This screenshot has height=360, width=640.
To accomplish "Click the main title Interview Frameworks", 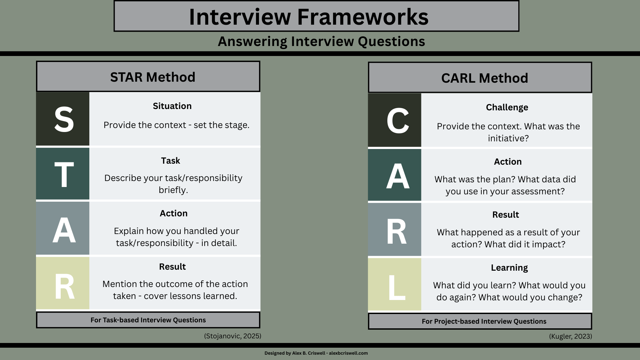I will tap(309, 17).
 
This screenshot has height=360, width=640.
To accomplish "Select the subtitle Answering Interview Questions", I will tap(321, 41).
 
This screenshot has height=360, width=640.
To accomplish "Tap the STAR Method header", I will tap(153, 77).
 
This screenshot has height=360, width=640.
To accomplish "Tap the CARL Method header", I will tap(484, 78).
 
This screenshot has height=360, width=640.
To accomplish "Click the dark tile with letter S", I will tap(63, 119).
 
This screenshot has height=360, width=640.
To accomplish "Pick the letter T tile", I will tap(63, 174).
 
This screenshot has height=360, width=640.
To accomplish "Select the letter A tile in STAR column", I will tap(63, 229).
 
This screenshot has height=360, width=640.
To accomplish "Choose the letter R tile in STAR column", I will tap(63, 283).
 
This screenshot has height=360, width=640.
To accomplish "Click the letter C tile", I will tap(395, 120).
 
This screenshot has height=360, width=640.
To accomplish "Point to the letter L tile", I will tap(395, 285).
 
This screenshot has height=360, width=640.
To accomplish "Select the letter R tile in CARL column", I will tap(395, 230).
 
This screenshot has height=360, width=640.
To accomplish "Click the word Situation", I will tap(172, 106).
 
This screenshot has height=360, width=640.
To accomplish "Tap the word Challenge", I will tap(507, 107).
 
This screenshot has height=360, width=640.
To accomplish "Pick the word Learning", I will tap(509, 268).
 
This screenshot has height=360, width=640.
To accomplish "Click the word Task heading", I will tap(170, 161).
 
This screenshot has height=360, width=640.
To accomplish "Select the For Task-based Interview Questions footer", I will tap(148, 320).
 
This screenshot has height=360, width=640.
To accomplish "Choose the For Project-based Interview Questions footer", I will tap(484, 321).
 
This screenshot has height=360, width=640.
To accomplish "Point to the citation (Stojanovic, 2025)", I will tap(233, 336).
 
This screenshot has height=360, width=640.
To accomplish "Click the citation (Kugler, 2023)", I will tap(570, 336).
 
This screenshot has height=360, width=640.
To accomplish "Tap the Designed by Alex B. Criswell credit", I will tap(316, 353).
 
